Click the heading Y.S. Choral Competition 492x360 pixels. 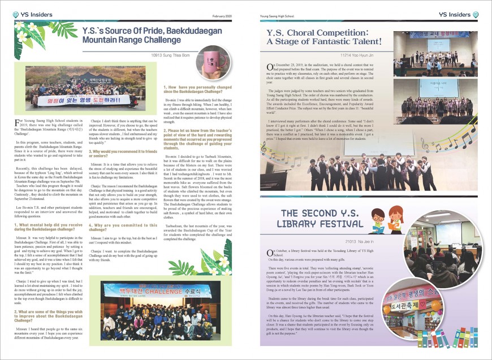click(x=324, y=37)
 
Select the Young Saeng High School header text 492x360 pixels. click(x=279, y=16)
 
